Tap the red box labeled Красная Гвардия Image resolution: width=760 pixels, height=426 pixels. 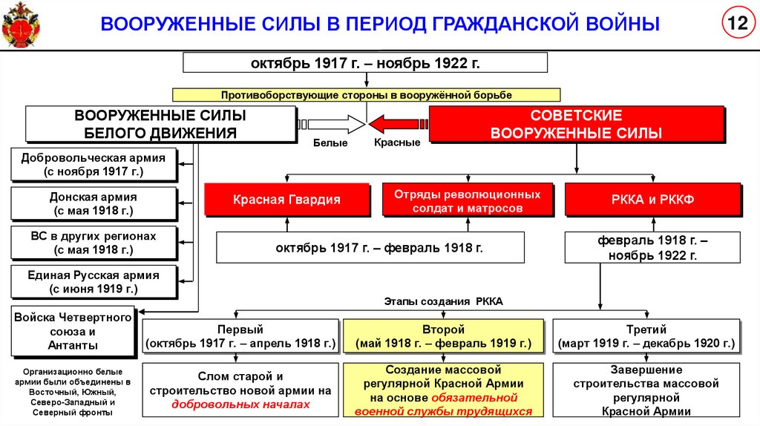click(x=286, y=200)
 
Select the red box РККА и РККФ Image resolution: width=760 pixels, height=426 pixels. click(x=652, y=200)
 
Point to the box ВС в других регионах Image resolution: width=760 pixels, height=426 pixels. click(x=94, y=243)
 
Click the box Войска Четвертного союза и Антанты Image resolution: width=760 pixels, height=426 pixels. click(x=73, y=331)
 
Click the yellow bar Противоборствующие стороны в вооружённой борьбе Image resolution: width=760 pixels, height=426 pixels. click(x=366, y=95)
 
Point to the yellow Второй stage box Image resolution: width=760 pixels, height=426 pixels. click(x=444, y=336)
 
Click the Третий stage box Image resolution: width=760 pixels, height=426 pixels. click(x=646, y=336)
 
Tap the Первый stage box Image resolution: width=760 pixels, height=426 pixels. click(x=240, y=336)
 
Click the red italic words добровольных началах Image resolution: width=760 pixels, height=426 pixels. click(x=240, y=404)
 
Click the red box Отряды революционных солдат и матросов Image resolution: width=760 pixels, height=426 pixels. click(x=468, y=200)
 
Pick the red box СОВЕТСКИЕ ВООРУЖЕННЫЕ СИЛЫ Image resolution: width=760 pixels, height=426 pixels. click(x=576, y=124)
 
